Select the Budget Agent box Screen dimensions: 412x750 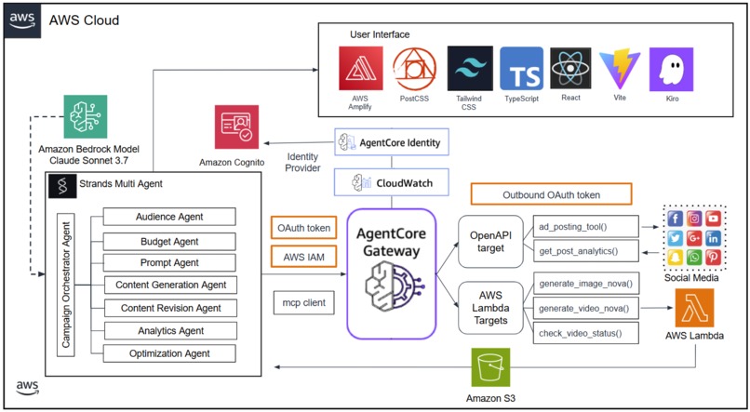pos(169,239)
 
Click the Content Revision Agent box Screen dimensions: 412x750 pos(169,308)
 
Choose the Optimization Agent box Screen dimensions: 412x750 pos(169,353)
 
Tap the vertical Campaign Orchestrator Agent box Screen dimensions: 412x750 pos(66,285)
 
